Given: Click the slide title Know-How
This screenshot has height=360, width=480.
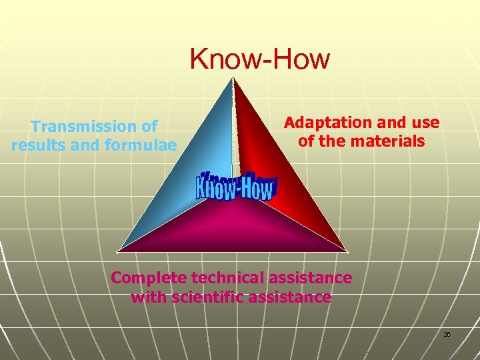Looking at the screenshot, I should [x=259, y=59].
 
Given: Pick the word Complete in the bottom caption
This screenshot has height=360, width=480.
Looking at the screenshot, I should [x=143, y=277].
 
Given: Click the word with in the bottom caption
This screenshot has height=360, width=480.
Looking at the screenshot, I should [x=147, y=297].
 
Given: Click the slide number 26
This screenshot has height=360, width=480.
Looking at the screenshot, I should [x=447, y=334].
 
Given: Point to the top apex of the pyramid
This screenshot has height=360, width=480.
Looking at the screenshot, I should [x=233, y=79].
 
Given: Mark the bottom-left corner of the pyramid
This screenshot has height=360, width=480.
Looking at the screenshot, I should [x=118, y=251].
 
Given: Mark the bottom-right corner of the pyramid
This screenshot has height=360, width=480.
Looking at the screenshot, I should [x=347, y=251].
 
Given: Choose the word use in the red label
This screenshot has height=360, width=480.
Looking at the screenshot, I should [x=426, y=123].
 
